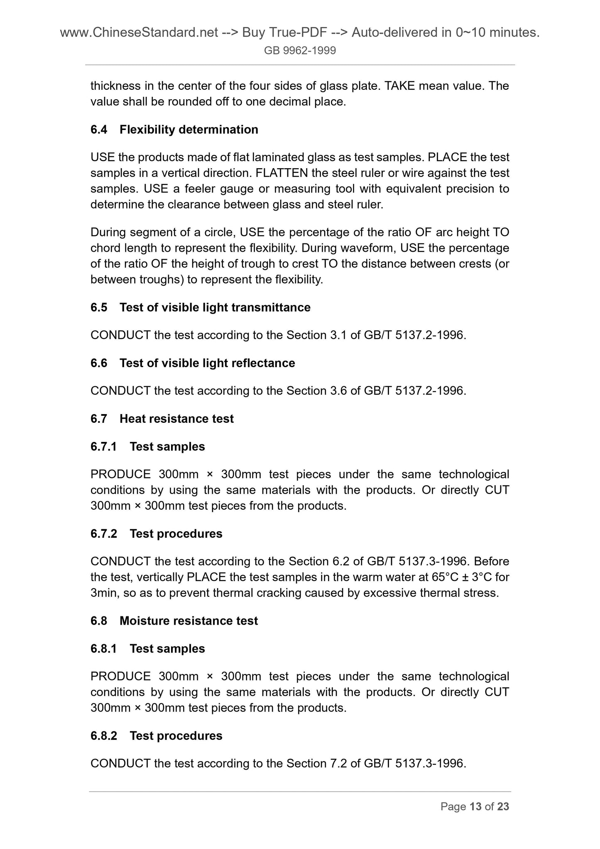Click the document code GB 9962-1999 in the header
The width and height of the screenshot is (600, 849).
pos(300,51)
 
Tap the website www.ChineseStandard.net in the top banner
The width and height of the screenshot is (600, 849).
pos(139,32)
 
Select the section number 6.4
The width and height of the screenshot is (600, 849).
pos(99,130)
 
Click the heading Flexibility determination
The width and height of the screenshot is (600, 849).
pos(189,130)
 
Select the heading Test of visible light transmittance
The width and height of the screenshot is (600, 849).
pos(215,307)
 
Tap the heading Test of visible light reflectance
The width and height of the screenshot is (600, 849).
pos(207,363)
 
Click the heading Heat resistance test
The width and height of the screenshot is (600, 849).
pos(176,419)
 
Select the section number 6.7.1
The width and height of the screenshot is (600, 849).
pos(103,447)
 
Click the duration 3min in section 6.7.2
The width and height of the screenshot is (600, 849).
pos(104,593)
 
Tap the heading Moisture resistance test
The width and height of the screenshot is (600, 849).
pos(189,621)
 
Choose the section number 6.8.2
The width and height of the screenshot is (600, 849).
pos(103,736)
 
